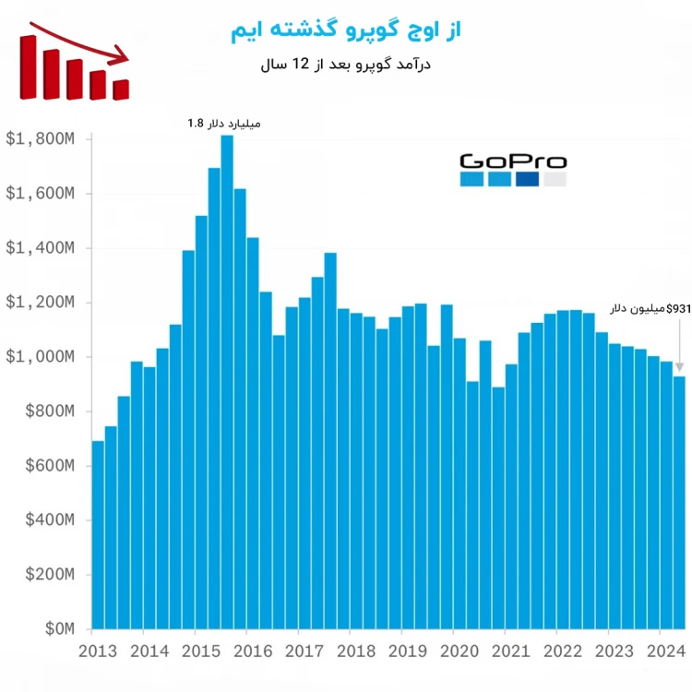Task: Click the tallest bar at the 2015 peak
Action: click(x=227, y=369)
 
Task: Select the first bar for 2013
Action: click(x=98, y=535)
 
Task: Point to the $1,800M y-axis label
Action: click(x=41, y=139)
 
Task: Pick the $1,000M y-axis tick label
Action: click(x=41, y=357)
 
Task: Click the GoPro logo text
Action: click(x=513, y=161)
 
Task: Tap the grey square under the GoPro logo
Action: click(x=555, y=180)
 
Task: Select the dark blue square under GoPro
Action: click(x=527, y=180)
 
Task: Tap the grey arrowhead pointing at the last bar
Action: click(x=679, y=366)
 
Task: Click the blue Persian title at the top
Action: click(x=345, y=30)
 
